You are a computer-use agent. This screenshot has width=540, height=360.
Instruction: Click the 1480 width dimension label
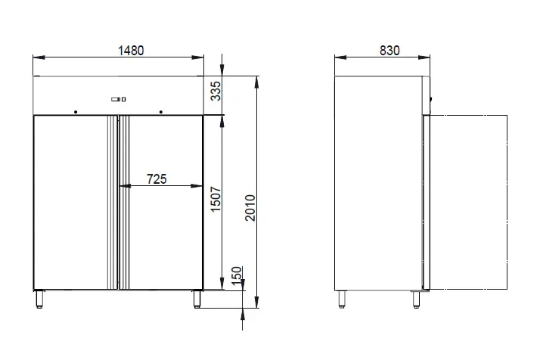pyautogui.click(x=131, y=51)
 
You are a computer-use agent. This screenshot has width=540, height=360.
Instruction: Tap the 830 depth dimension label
pyautogui.click(x=389, y=51)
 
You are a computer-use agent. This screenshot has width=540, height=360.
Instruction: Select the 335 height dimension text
pyautogui.click(x=216, y=91)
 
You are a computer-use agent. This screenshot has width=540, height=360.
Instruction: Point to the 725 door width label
pyautogui.click(x=157, y=179)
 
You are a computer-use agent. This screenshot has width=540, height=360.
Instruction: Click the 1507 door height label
pyautogui.click(x=216, y=200)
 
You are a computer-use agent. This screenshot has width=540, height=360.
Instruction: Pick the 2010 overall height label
pyautogui.click(x=250, y=208)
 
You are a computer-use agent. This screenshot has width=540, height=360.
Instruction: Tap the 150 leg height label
pyautogui.click(x=237, y=276)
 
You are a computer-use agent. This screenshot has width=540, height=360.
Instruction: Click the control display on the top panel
pyautogui.click(x=119, y=99)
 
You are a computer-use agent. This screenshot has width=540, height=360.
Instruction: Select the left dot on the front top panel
pyautogui.click(x=76, y=112)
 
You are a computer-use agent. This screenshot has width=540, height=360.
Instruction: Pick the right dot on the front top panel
pyautogui.click(x=161, y=112)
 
